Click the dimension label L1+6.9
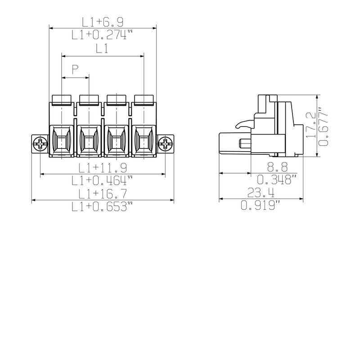(x=103, y=22)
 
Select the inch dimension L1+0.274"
(x=103, y=35)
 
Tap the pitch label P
(x=75, y=69)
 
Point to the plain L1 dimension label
(x=102, y=49)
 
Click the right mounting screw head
(x=166, y=144)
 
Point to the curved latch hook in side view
(x=243, y=123)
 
